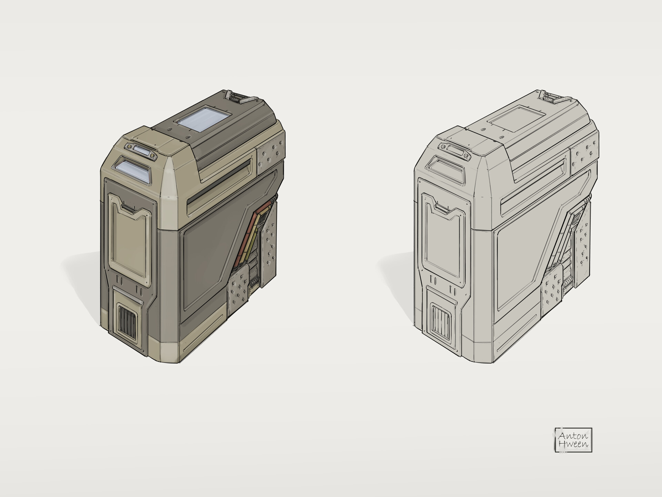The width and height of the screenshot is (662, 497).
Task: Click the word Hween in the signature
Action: (x=573, y=445)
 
